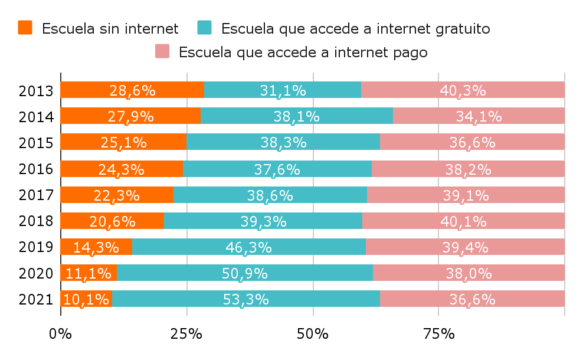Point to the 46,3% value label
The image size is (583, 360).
point(248,247)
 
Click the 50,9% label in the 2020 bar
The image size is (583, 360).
point(244,273)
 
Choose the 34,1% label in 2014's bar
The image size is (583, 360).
point(479,116)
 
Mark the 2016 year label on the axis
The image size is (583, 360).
point(36,169)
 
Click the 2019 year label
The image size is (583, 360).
point(36,247)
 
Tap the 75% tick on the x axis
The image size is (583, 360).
point(439,333)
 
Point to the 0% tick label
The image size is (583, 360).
point(60,333)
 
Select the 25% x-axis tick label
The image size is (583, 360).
point(186,333)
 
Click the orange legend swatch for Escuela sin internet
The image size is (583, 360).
point(25,27)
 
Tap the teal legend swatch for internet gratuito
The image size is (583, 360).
point(205,27)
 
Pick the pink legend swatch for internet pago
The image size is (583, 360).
point(162,51)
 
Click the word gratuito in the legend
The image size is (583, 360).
point(460,28)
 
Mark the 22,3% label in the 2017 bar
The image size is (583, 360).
point(116,195)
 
